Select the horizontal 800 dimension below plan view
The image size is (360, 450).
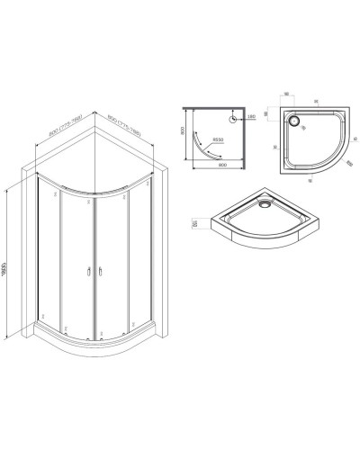click(211, 173)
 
